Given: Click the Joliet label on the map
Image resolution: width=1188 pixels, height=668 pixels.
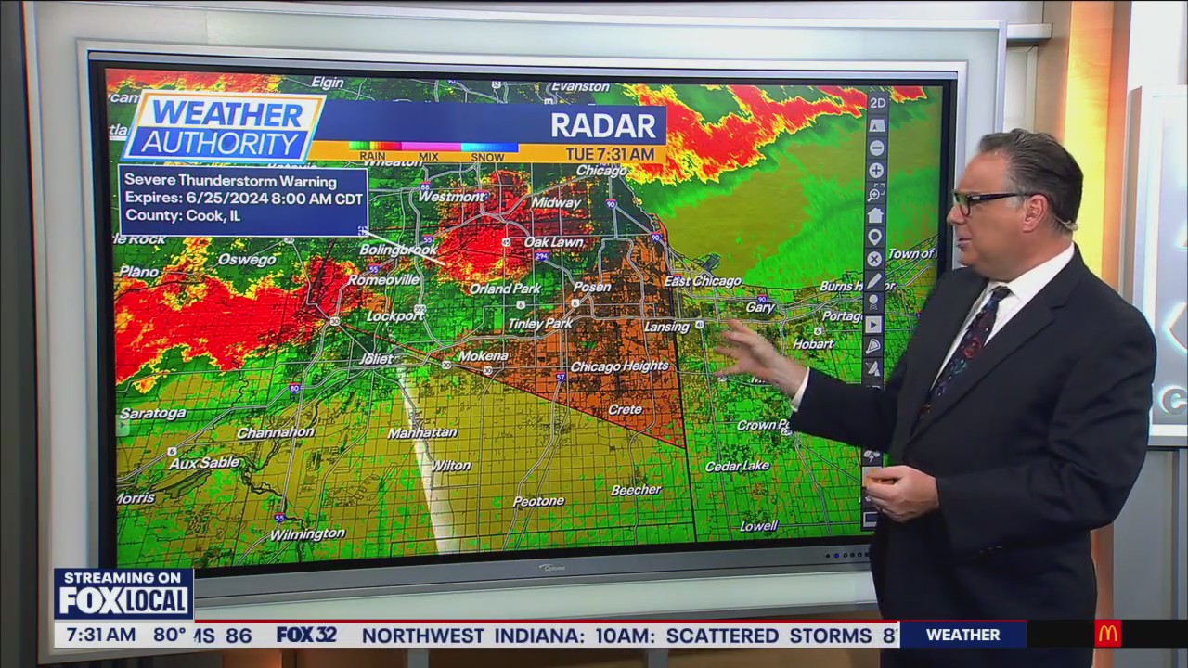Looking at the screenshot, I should point(377,359).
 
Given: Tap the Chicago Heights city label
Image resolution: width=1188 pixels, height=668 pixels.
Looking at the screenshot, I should point(619,366).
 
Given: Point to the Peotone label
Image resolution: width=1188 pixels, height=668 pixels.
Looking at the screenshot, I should point(538,501).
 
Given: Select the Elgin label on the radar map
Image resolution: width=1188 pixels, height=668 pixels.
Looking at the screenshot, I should point(328,83).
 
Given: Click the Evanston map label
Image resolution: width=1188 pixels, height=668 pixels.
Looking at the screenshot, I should point(580,87).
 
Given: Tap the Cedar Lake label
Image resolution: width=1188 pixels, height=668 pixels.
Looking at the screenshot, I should point(737,466).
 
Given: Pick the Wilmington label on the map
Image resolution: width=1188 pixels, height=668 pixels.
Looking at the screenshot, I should point(307,534).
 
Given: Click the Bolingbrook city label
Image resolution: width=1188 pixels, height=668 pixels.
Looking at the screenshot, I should point(398,250).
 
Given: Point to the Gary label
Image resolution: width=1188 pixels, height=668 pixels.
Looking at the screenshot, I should point(760,307).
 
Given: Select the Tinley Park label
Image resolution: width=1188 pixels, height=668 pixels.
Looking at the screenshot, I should point(540,324).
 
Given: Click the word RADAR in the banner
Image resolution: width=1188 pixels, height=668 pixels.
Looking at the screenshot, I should point(603,125).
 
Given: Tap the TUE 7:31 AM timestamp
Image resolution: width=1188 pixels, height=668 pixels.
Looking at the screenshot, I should point(615,154).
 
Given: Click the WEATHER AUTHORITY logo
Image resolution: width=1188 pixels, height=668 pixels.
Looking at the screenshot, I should point(223,128).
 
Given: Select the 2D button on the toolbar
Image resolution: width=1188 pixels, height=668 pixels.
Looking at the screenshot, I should point(876,103).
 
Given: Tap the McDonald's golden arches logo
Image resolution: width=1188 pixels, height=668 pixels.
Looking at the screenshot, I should point(1107,635).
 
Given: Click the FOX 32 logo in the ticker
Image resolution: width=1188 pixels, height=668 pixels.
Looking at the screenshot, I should point(306,636).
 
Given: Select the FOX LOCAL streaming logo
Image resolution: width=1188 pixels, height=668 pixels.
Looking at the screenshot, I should point(123,594).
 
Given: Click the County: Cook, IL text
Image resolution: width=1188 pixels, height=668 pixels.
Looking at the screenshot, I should point(182,215).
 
